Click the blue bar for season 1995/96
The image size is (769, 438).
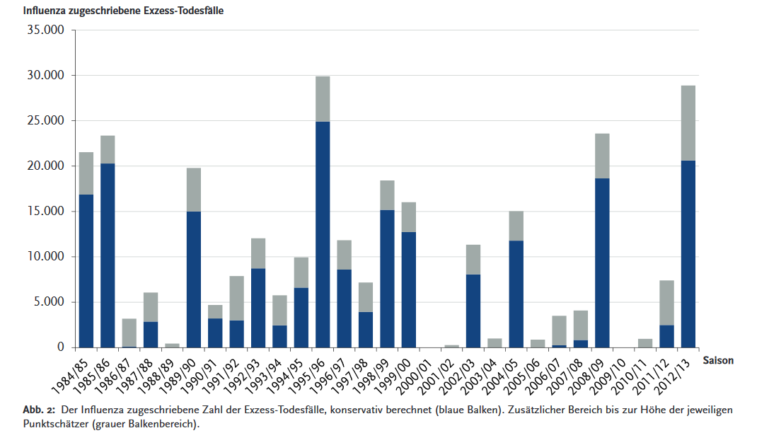pyautogui.click(x=323, y=234)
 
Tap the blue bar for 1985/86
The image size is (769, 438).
pyautogui.click(x=108, y=255)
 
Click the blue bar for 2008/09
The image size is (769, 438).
pyautogui.click(x=602, y=263)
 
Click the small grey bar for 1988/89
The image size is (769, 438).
pyautogui.click(x=172, y=345)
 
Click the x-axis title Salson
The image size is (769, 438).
pyautogui.click(x=718, y=360)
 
